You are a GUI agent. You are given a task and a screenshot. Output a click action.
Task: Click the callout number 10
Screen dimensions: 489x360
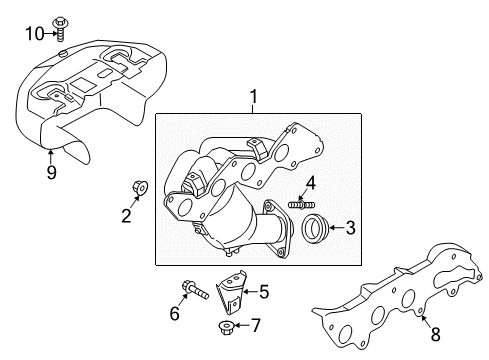35,34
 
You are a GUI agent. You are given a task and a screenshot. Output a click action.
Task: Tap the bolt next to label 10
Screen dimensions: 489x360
61,29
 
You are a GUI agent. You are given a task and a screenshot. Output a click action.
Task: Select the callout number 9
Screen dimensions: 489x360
51,172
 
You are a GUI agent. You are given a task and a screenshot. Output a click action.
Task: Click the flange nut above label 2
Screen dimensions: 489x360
140,187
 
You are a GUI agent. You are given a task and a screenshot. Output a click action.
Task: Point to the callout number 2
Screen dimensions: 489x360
126,216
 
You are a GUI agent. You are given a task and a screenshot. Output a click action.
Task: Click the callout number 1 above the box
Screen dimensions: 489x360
254,96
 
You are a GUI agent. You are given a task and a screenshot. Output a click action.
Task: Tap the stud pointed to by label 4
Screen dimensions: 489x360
302,204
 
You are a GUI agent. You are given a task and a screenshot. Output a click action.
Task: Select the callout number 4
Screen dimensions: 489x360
311,184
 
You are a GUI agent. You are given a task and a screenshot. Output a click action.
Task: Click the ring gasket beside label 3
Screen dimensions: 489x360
315,228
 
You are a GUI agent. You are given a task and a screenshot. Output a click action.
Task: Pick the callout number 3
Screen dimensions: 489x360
350,228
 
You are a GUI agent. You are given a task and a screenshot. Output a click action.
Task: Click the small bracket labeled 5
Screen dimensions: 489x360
232,292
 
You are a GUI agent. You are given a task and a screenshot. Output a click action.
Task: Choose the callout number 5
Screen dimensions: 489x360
264,292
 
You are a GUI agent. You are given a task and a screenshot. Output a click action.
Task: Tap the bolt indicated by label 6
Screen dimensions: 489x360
195,290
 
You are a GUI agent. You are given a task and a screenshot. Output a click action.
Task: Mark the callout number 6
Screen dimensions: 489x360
175,314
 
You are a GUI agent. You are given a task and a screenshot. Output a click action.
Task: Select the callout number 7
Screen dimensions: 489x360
255,325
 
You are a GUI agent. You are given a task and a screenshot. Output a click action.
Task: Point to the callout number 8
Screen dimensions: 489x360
436,334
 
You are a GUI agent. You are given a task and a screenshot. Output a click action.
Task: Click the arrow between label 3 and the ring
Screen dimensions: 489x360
337,228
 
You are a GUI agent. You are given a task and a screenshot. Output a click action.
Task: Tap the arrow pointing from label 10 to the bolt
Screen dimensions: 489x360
50,33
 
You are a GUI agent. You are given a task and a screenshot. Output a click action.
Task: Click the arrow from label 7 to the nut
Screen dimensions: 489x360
241,325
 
